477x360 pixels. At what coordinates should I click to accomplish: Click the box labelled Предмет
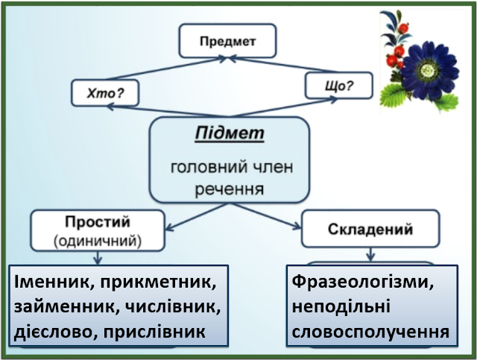coord(227,41)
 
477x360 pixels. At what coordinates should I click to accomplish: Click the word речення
coord(229,189)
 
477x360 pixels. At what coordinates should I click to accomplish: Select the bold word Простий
coord(98,222)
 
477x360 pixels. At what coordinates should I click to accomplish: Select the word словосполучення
coord(370,329)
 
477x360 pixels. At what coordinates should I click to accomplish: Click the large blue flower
coord(428,68)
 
